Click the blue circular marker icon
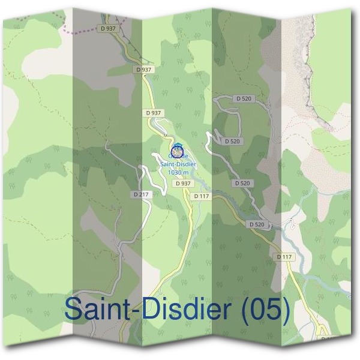177,150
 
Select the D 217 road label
141,194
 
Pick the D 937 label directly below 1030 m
183,184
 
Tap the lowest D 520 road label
256,224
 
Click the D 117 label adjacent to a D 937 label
202,196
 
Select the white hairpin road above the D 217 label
146,177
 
